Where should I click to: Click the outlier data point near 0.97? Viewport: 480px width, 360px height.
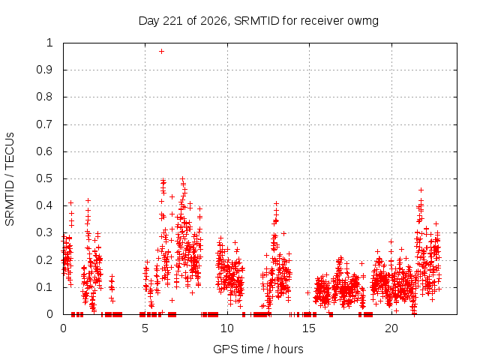[x=162, y=52]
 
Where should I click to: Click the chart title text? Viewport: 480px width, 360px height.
[x=259, y=21]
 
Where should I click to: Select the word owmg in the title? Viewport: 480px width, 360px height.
[x=363, y=22]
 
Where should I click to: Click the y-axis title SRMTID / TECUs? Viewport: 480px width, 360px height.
[x=10, y=179]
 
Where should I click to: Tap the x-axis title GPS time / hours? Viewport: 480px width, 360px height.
[x=258, y=349]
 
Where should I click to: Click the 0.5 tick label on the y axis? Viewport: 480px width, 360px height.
[x=45, y=178]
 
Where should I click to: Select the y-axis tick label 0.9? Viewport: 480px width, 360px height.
[x=45, y=70]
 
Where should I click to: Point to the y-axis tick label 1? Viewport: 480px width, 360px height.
[x=49, y=43]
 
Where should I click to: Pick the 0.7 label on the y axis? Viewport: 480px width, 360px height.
[x=45, y=124]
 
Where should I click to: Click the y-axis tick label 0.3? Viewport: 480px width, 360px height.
[x=45, y=232]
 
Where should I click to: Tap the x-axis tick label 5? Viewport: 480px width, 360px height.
[x=145, y=328]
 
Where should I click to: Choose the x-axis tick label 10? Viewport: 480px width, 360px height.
[x=227, y=328]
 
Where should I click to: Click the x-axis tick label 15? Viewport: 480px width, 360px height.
[x=309, y=328]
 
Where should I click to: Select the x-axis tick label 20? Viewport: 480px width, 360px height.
[x=391, y=328]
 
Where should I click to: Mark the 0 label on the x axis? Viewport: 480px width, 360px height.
[x=63, y=328]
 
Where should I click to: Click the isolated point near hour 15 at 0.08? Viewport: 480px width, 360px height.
[x=307, y=293]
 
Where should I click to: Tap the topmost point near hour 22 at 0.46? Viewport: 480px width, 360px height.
[x=421, y=190]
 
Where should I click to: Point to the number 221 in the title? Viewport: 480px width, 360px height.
[x=172, y=21]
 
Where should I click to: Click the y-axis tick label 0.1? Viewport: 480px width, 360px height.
[x=45, y=287]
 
